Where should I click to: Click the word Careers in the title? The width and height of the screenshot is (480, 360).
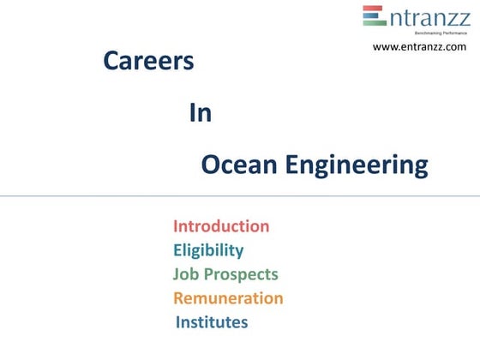click(x=148, y=62)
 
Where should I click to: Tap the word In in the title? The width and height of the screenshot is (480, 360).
click(x=200, y=114)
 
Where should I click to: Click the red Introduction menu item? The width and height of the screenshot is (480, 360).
click(x=221, y=226)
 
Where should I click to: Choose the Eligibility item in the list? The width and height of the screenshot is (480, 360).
click(x=208, y=251)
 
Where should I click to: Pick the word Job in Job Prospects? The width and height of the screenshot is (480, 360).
click(x=185, y=275)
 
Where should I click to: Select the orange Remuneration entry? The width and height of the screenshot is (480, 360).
click(x=228, y=298)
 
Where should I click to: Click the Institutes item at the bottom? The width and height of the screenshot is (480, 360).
click(x=212, y=322)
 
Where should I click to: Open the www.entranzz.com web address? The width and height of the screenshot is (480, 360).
click(x=419, y=46)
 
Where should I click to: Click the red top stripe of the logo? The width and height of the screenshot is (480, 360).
click(x=374, y=9)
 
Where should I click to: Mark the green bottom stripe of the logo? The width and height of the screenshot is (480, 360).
click(x=374, y=24)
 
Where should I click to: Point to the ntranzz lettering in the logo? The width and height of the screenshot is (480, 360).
click(x=426, y=17)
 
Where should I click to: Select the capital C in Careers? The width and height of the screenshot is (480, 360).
click(x=111, y=62)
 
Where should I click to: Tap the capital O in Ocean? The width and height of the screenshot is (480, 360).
click(x=211, y=165)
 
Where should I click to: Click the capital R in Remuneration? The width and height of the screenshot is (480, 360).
click(x=179, y=298)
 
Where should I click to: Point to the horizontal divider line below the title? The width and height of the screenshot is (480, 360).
click(x=240, y=196)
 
